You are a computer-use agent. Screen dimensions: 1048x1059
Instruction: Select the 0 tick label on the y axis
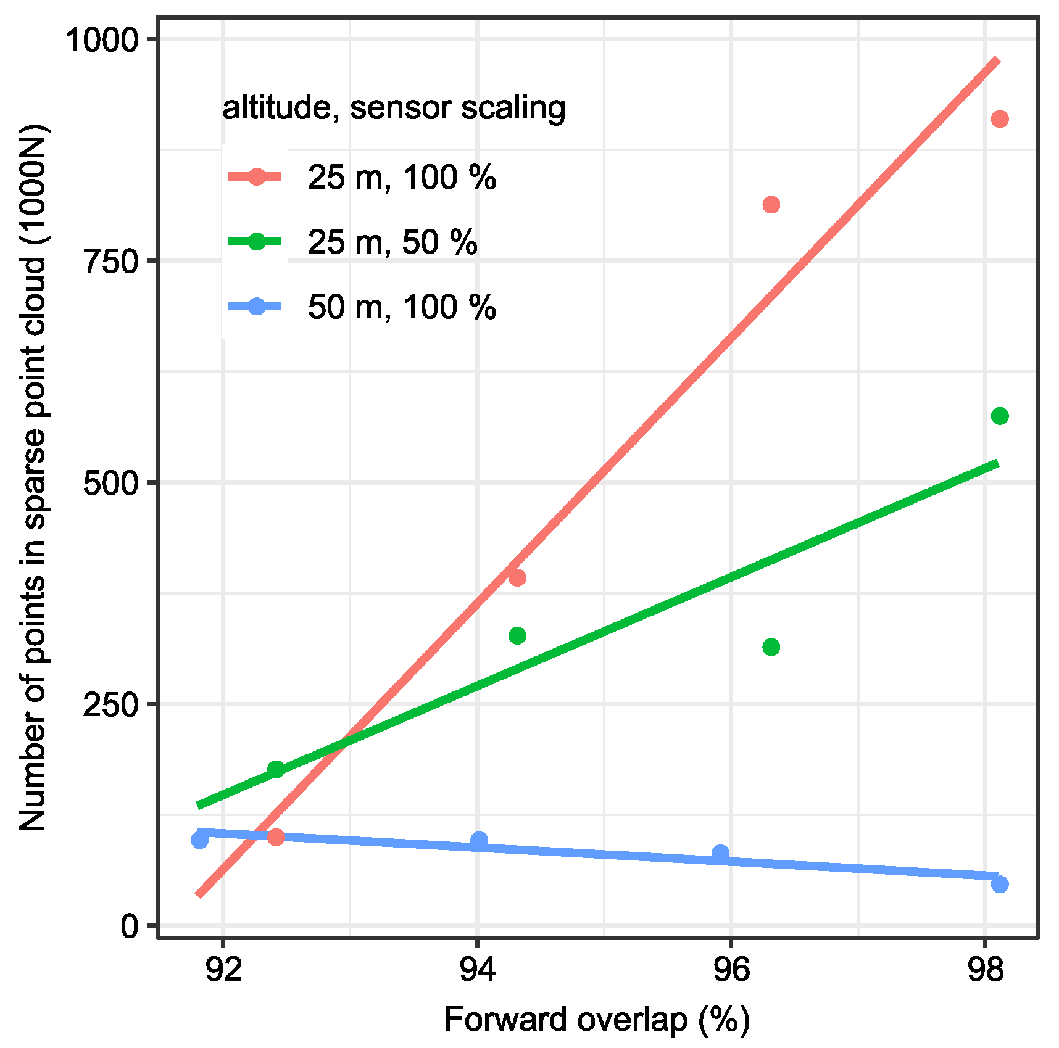tap(129, 926)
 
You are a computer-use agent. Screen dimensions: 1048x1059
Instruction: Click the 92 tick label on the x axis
tap(223, 970)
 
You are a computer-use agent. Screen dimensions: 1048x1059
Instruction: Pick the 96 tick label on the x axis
tap(731, 970)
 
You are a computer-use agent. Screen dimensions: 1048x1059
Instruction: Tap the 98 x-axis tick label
tap(985, 970)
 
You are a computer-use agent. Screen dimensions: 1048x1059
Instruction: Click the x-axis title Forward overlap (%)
tap(596, 1019)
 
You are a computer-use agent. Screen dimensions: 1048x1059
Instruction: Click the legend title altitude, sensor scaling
tap(394, 108)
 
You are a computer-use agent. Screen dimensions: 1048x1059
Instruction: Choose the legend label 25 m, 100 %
tap(402, 178)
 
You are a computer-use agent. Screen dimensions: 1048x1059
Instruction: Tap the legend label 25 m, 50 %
tap(392, 242)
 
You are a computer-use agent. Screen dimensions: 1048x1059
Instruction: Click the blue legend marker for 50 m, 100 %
tap(256, 307)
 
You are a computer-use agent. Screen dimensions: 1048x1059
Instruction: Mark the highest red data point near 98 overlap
tap(1000, 119)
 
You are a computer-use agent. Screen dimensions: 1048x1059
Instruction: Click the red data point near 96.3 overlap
tap(771, 205)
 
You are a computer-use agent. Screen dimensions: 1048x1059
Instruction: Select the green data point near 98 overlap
tap(1000, 416)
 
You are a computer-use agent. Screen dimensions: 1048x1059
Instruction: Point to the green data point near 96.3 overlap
tap(771, 647)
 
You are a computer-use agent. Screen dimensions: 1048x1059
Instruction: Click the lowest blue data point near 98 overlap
tap(1000, 885)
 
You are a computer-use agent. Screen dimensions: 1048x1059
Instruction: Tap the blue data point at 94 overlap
tap(479, 840)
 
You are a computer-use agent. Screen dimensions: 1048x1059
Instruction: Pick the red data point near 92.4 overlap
tap(276, 837)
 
